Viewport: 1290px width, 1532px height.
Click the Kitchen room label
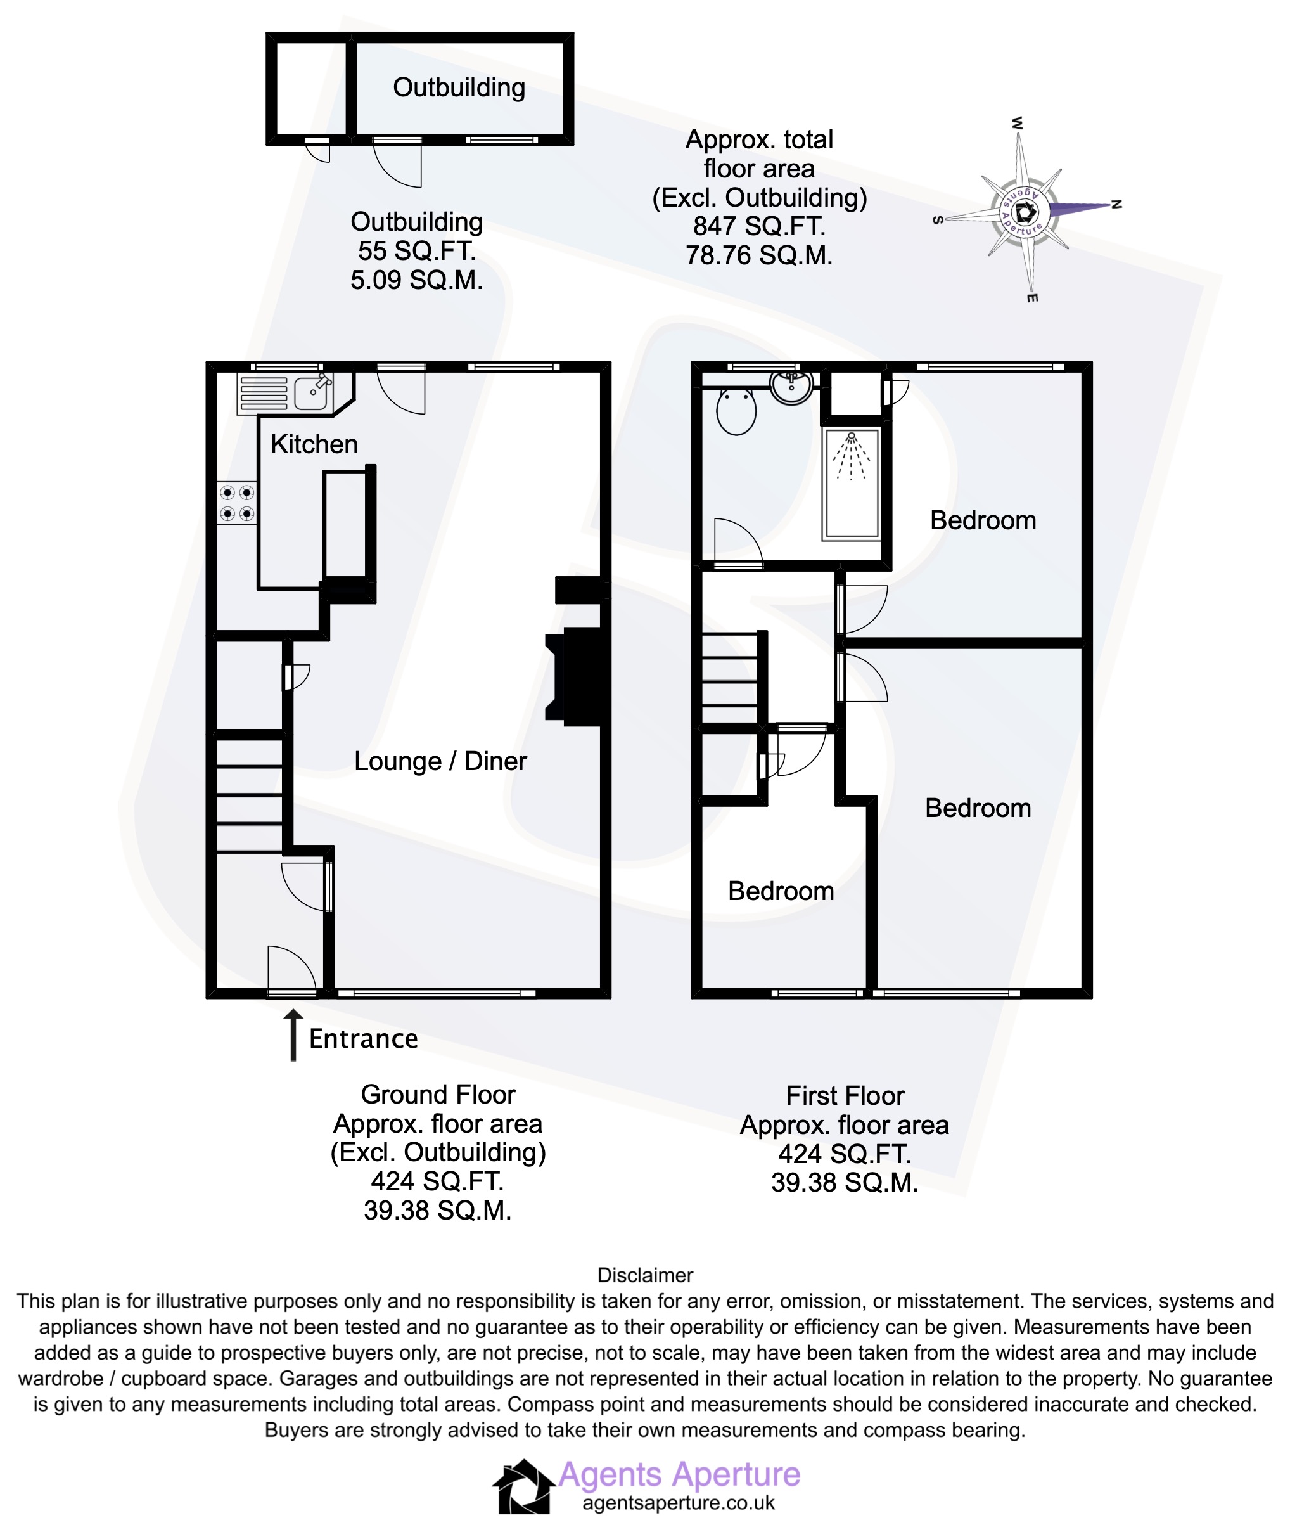[x=314, y=444]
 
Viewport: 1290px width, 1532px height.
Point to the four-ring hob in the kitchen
[x=237, y=503]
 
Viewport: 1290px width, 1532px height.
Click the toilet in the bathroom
[x=736, y=411]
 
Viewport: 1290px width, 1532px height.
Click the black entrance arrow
[x=293, y=1034]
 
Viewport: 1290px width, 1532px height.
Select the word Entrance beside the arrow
[x=364, y=1039]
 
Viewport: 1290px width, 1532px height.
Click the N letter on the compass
[x=1116, y=204]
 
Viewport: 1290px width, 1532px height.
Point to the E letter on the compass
[x=1032, y=298]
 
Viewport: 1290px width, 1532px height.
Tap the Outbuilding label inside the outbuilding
[x=459, y=88]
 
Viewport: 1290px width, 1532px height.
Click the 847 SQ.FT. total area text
[x=759, y=226]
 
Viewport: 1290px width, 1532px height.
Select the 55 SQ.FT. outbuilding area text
[x=416, y=251]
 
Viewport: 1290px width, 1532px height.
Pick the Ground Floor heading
[x=438, y=1095]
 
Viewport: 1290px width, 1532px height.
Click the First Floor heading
[x=845, y=1096]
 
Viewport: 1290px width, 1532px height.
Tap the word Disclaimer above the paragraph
[x=645, y=1275]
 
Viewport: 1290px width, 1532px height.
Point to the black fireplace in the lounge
[x=578, y=676]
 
